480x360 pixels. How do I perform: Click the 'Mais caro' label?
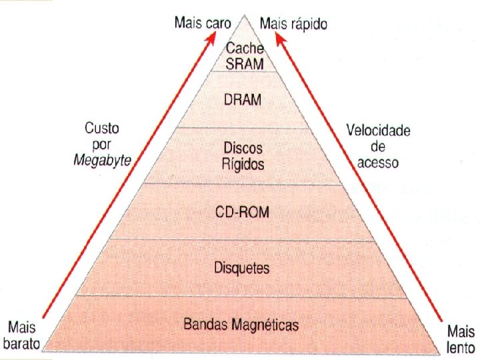203,23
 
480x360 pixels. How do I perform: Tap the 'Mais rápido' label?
293,24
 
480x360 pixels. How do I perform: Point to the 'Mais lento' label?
461,339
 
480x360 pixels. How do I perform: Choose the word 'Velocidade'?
378,131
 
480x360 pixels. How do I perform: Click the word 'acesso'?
378,162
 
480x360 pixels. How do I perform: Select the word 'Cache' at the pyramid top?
245,48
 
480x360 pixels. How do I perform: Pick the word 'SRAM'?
245,63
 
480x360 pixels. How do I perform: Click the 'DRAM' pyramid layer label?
243,100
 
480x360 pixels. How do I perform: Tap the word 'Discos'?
243,147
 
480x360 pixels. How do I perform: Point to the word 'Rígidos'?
243,164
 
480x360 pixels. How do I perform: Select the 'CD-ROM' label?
242,212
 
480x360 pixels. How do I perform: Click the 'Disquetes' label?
242,268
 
